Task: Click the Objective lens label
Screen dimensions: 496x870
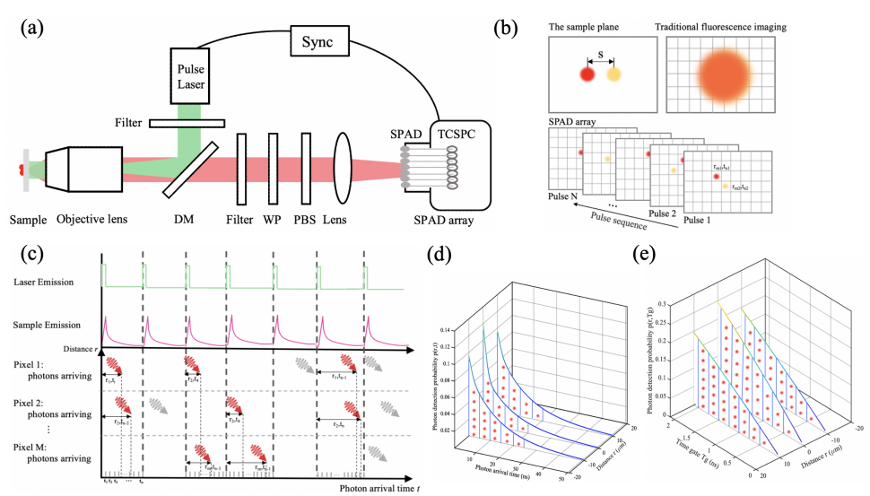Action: click(x=96, y=219)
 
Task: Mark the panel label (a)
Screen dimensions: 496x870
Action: click(x=30, y=26)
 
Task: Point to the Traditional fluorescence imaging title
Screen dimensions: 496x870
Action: click(x=723, y=28)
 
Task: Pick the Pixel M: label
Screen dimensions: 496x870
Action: click(x=34, y=446)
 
